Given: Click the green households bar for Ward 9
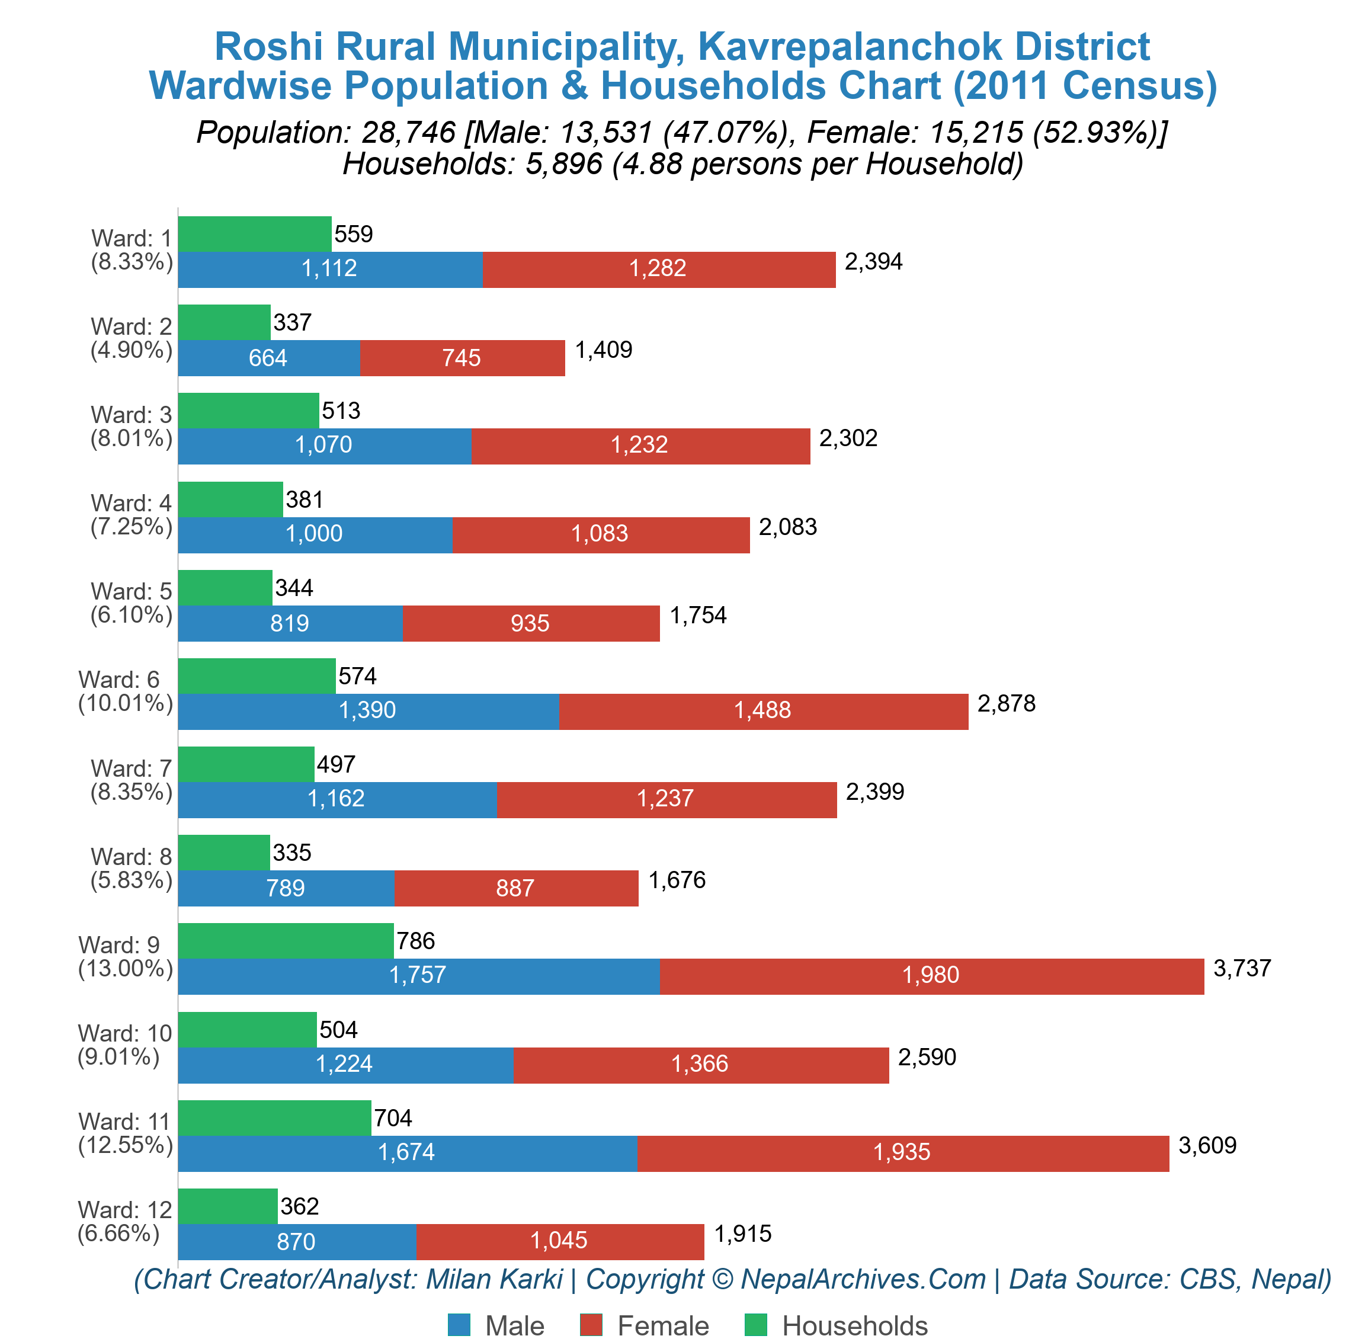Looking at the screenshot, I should pyautogui.click(x=286, y=940).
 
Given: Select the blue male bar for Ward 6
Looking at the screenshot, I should pyautogui.click(x=368, y=711).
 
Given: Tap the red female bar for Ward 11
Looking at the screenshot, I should pyautogui.click(x=902, y=1154).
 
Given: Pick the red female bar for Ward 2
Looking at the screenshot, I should pyautogui.click(x=462, y=358).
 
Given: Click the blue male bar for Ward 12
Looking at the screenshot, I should pyautogui.click(x=296, y=1241).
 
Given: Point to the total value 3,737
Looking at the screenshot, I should pyautogui.click(x=1242, y=968).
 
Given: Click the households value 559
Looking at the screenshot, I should pyautogui.click(x=353, y=234).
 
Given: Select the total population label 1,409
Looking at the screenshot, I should pyautogui.click(x=603, y=350).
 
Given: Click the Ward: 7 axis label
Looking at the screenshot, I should pyautogui.click(x=131, y=768).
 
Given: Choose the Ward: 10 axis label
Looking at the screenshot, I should pyautogui.click(x=124, y=1033).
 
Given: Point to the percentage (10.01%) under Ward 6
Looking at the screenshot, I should pyautogui.click(x=125, y=703).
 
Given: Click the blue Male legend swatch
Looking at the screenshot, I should pyautogui.click(x=459, y=1325).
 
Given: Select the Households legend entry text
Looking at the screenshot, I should pyautogui.click(x=854, y=1325).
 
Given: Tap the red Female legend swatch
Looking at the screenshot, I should pyautogui.click(x=591, y=1325).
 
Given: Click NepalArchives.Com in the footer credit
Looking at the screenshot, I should pyautogui.click(x=863, y=1279).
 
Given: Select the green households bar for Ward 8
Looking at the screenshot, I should pyautogui.click(x=223, y=853).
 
